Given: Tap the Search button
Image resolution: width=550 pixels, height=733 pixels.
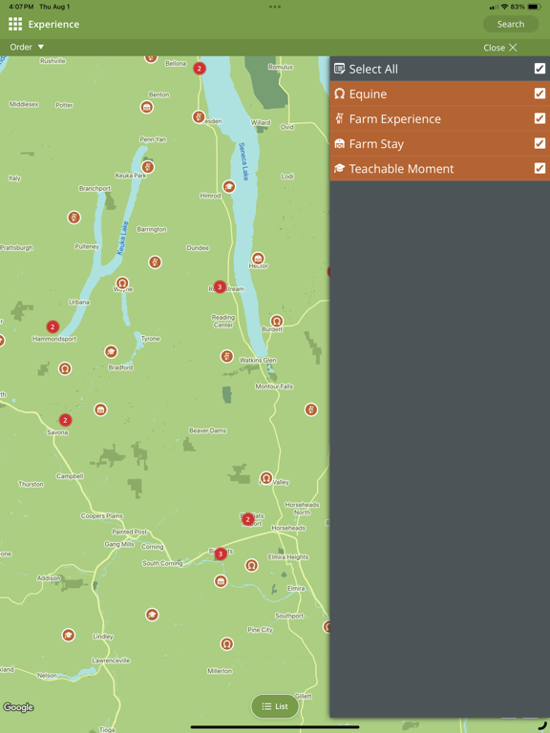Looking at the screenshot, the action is click(x=511, y=24).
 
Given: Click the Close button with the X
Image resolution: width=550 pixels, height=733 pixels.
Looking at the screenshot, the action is click(x=500, y=48).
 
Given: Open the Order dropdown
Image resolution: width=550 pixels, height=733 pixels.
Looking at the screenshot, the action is click(x=27, y=47).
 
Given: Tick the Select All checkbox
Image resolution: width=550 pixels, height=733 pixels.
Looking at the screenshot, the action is click(x=539, y=69).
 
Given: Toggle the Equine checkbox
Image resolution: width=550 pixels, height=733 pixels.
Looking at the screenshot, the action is click(x=539, y=94).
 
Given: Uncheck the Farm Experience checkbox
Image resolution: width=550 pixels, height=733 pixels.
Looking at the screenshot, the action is click(x=539, y=118).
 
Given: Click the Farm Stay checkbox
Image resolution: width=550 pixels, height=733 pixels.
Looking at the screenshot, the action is click(x=539, y=143).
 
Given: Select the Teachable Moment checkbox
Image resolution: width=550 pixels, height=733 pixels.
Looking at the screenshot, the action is click(x=539, y=168).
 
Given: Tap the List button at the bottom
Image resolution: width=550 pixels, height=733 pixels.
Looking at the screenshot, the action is click(x=275, y=706).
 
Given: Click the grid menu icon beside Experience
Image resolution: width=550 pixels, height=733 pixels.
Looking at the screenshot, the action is click(x=15, y=24).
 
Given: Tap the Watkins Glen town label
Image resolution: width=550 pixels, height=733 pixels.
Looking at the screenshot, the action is click(x=258, y=360).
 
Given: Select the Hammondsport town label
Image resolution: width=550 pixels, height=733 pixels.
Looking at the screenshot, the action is click(x=53, y=339).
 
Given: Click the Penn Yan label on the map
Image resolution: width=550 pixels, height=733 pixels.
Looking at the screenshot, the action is click(x=153, y=139).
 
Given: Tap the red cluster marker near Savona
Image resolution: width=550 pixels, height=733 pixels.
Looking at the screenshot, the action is click(x=65, y=420).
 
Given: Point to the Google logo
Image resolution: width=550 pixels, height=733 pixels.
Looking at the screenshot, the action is click(x=18, y=707).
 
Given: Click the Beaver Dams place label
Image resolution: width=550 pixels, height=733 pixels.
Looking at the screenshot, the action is click(x=207, y=430).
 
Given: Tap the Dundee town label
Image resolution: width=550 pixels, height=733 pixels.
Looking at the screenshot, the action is click(x=198, y=248).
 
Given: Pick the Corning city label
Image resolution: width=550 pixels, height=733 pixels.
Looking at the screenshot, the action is click(x=153, y=547).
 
